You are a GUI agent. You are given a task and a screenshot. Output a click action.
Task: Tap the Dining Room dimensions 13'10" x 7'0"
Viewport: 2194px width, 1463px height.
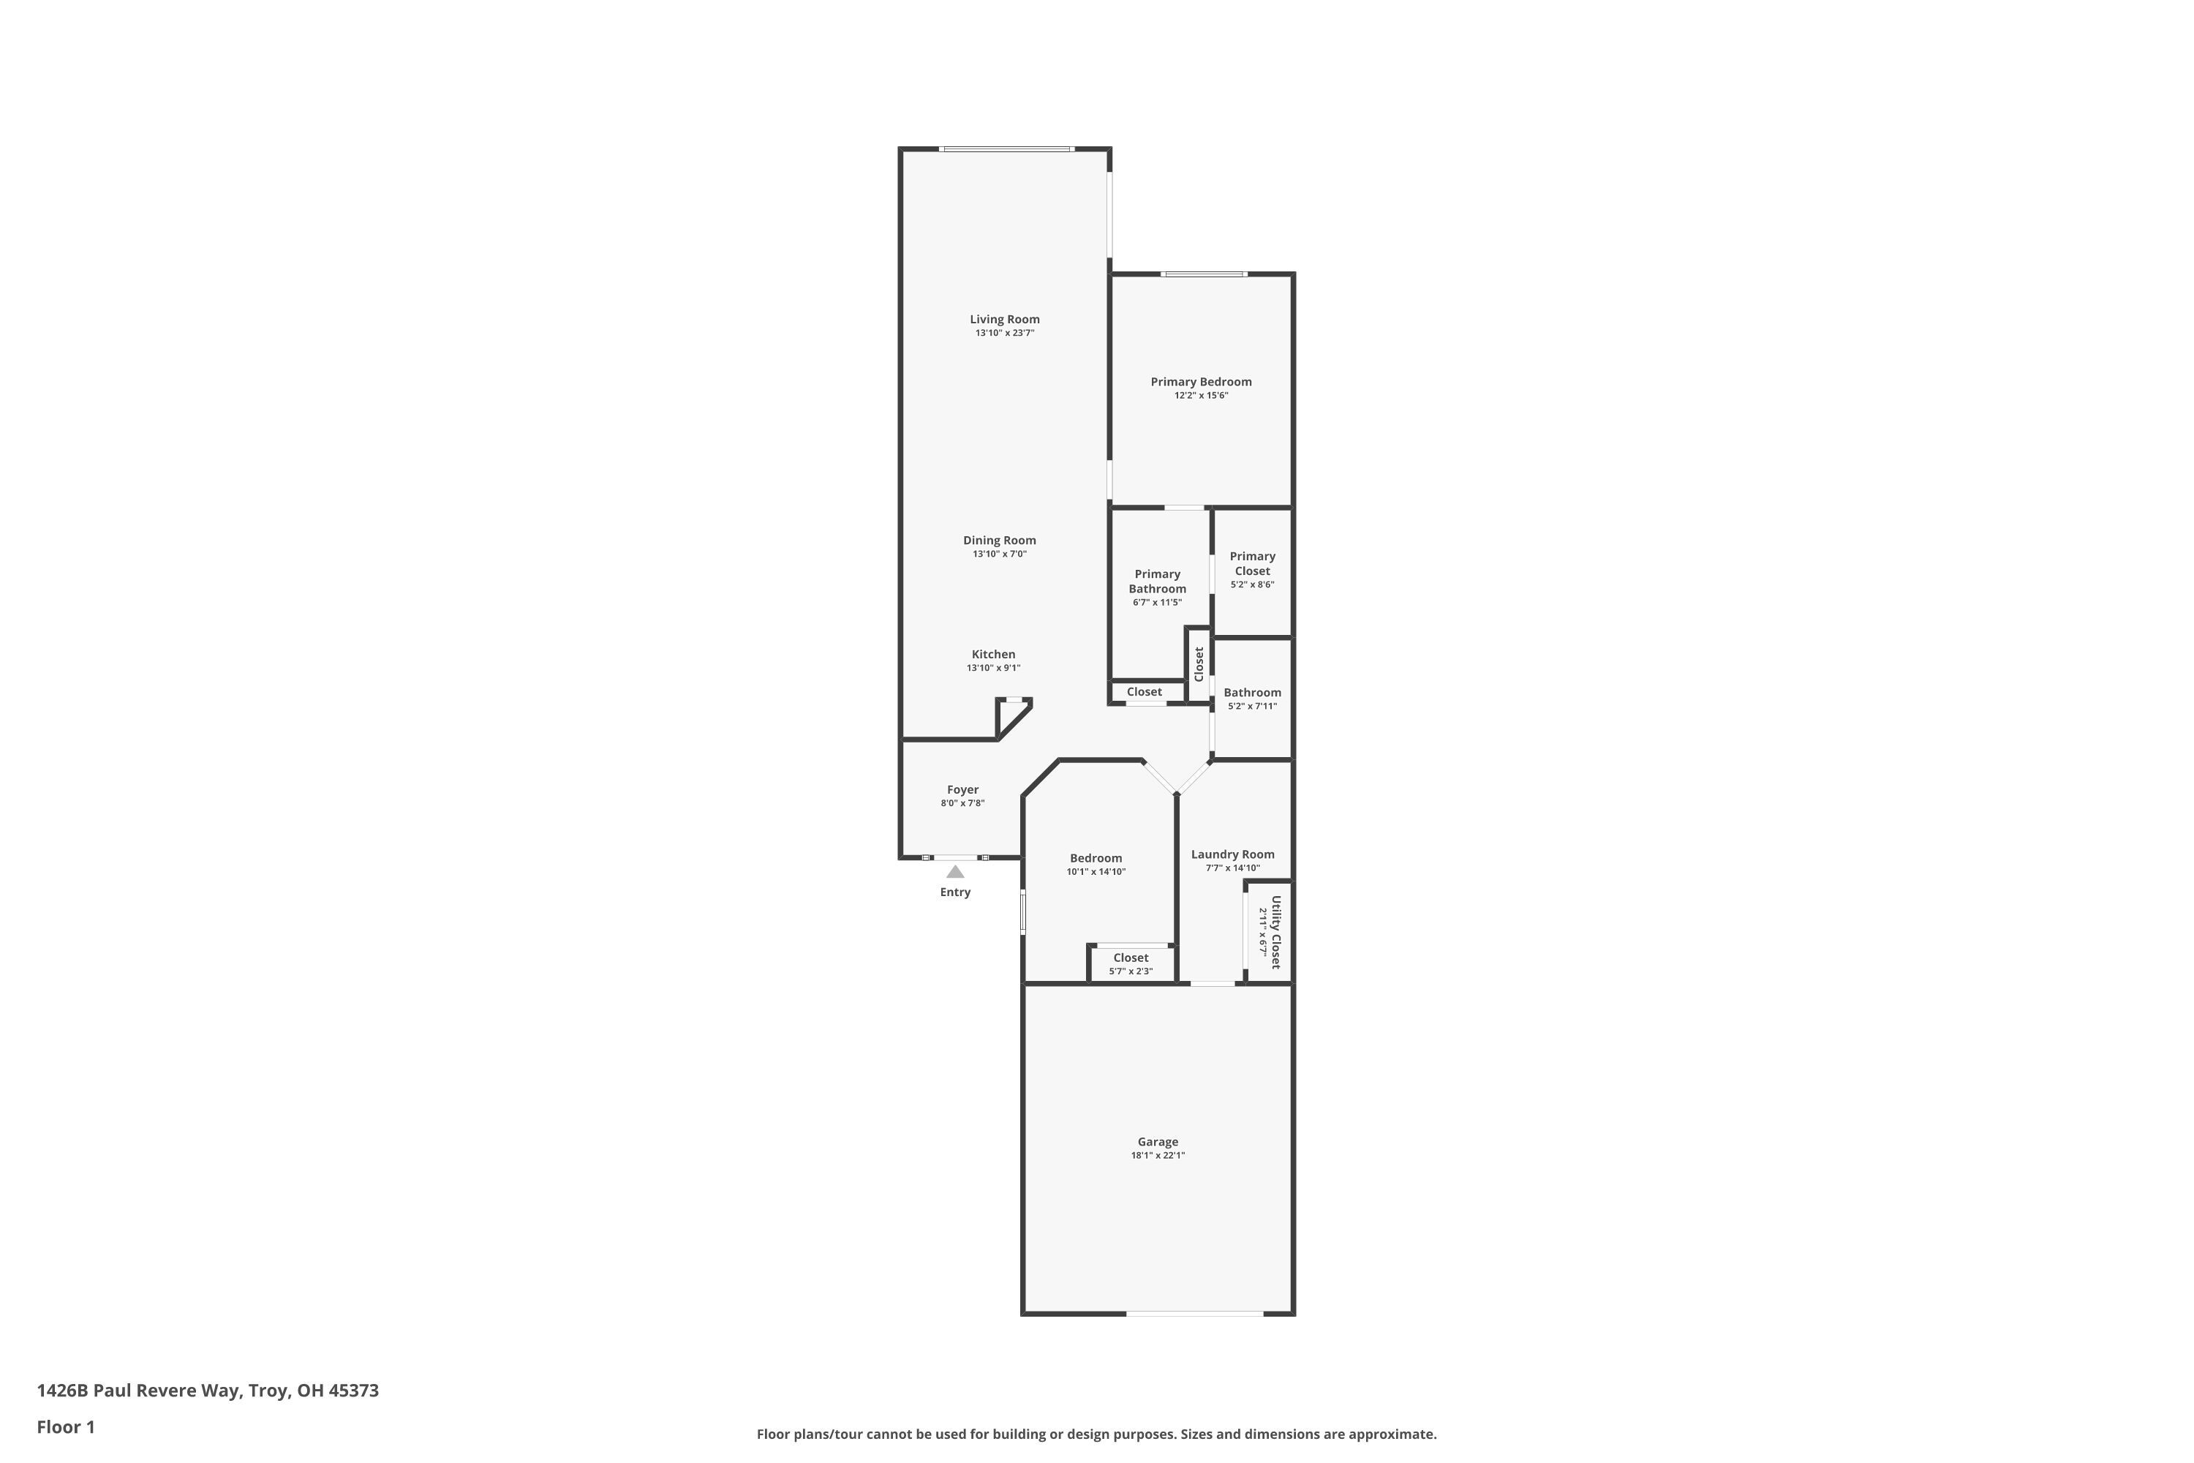999,554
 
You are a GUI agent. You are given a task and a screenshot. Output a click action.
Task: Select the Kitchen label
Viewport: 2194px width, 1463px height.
992,654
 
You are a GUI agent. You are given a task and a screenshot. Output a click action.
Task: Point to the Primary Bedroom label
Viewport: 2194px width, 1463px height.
1201,382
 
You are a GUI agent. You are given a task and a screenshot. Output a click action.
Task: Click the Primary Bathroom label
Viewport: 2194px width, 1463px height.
1157,582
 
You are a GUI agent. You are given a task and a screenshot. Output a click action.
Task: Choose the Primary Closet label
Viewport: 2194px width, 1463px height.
1252,563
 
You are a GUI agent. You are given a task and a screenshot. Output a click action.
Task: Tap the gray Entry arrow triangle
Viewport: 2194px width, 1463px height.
955,871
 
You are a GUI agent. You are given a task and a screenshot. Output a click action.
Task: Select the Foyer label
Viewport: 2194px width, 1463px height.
962,789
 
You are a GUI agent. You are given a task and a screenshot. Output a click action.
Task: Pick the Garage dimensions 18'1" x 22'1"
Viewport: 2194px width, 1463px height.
1158,1155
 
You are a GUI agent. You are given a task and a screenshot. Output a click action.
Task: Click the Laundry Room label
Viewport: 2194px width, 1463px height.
1232,854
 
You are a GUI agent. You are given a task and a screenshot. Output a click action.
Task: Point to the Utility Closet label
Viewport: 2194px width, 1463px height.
1276,932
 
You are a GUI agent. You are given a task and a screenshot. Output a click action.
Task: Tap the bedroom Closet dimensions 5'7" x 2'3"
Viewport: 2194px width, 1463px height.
1131,971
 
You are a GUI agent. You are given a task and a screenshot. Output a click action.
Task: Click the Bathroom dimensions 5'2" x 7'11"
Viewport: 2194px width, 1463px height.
1252,707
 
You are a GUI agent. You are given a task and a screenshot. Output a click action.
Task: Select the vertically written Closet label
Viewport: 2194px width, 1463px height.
1199,663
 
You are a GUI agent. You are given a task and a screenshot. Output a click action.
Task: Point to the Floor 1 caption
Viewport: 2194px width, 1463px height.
65,1426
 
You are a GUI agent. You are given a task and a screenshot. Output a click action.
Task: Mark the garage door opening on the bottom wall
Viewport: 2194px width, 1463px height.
1194,1314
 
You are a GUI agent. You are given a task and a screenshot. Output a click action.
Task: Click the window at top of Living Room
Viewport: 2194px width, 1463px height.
1006,149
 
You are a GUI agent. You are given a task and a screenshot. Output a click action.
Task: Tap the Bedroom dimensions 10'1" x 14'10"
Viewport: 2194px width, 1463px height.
1096,873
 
